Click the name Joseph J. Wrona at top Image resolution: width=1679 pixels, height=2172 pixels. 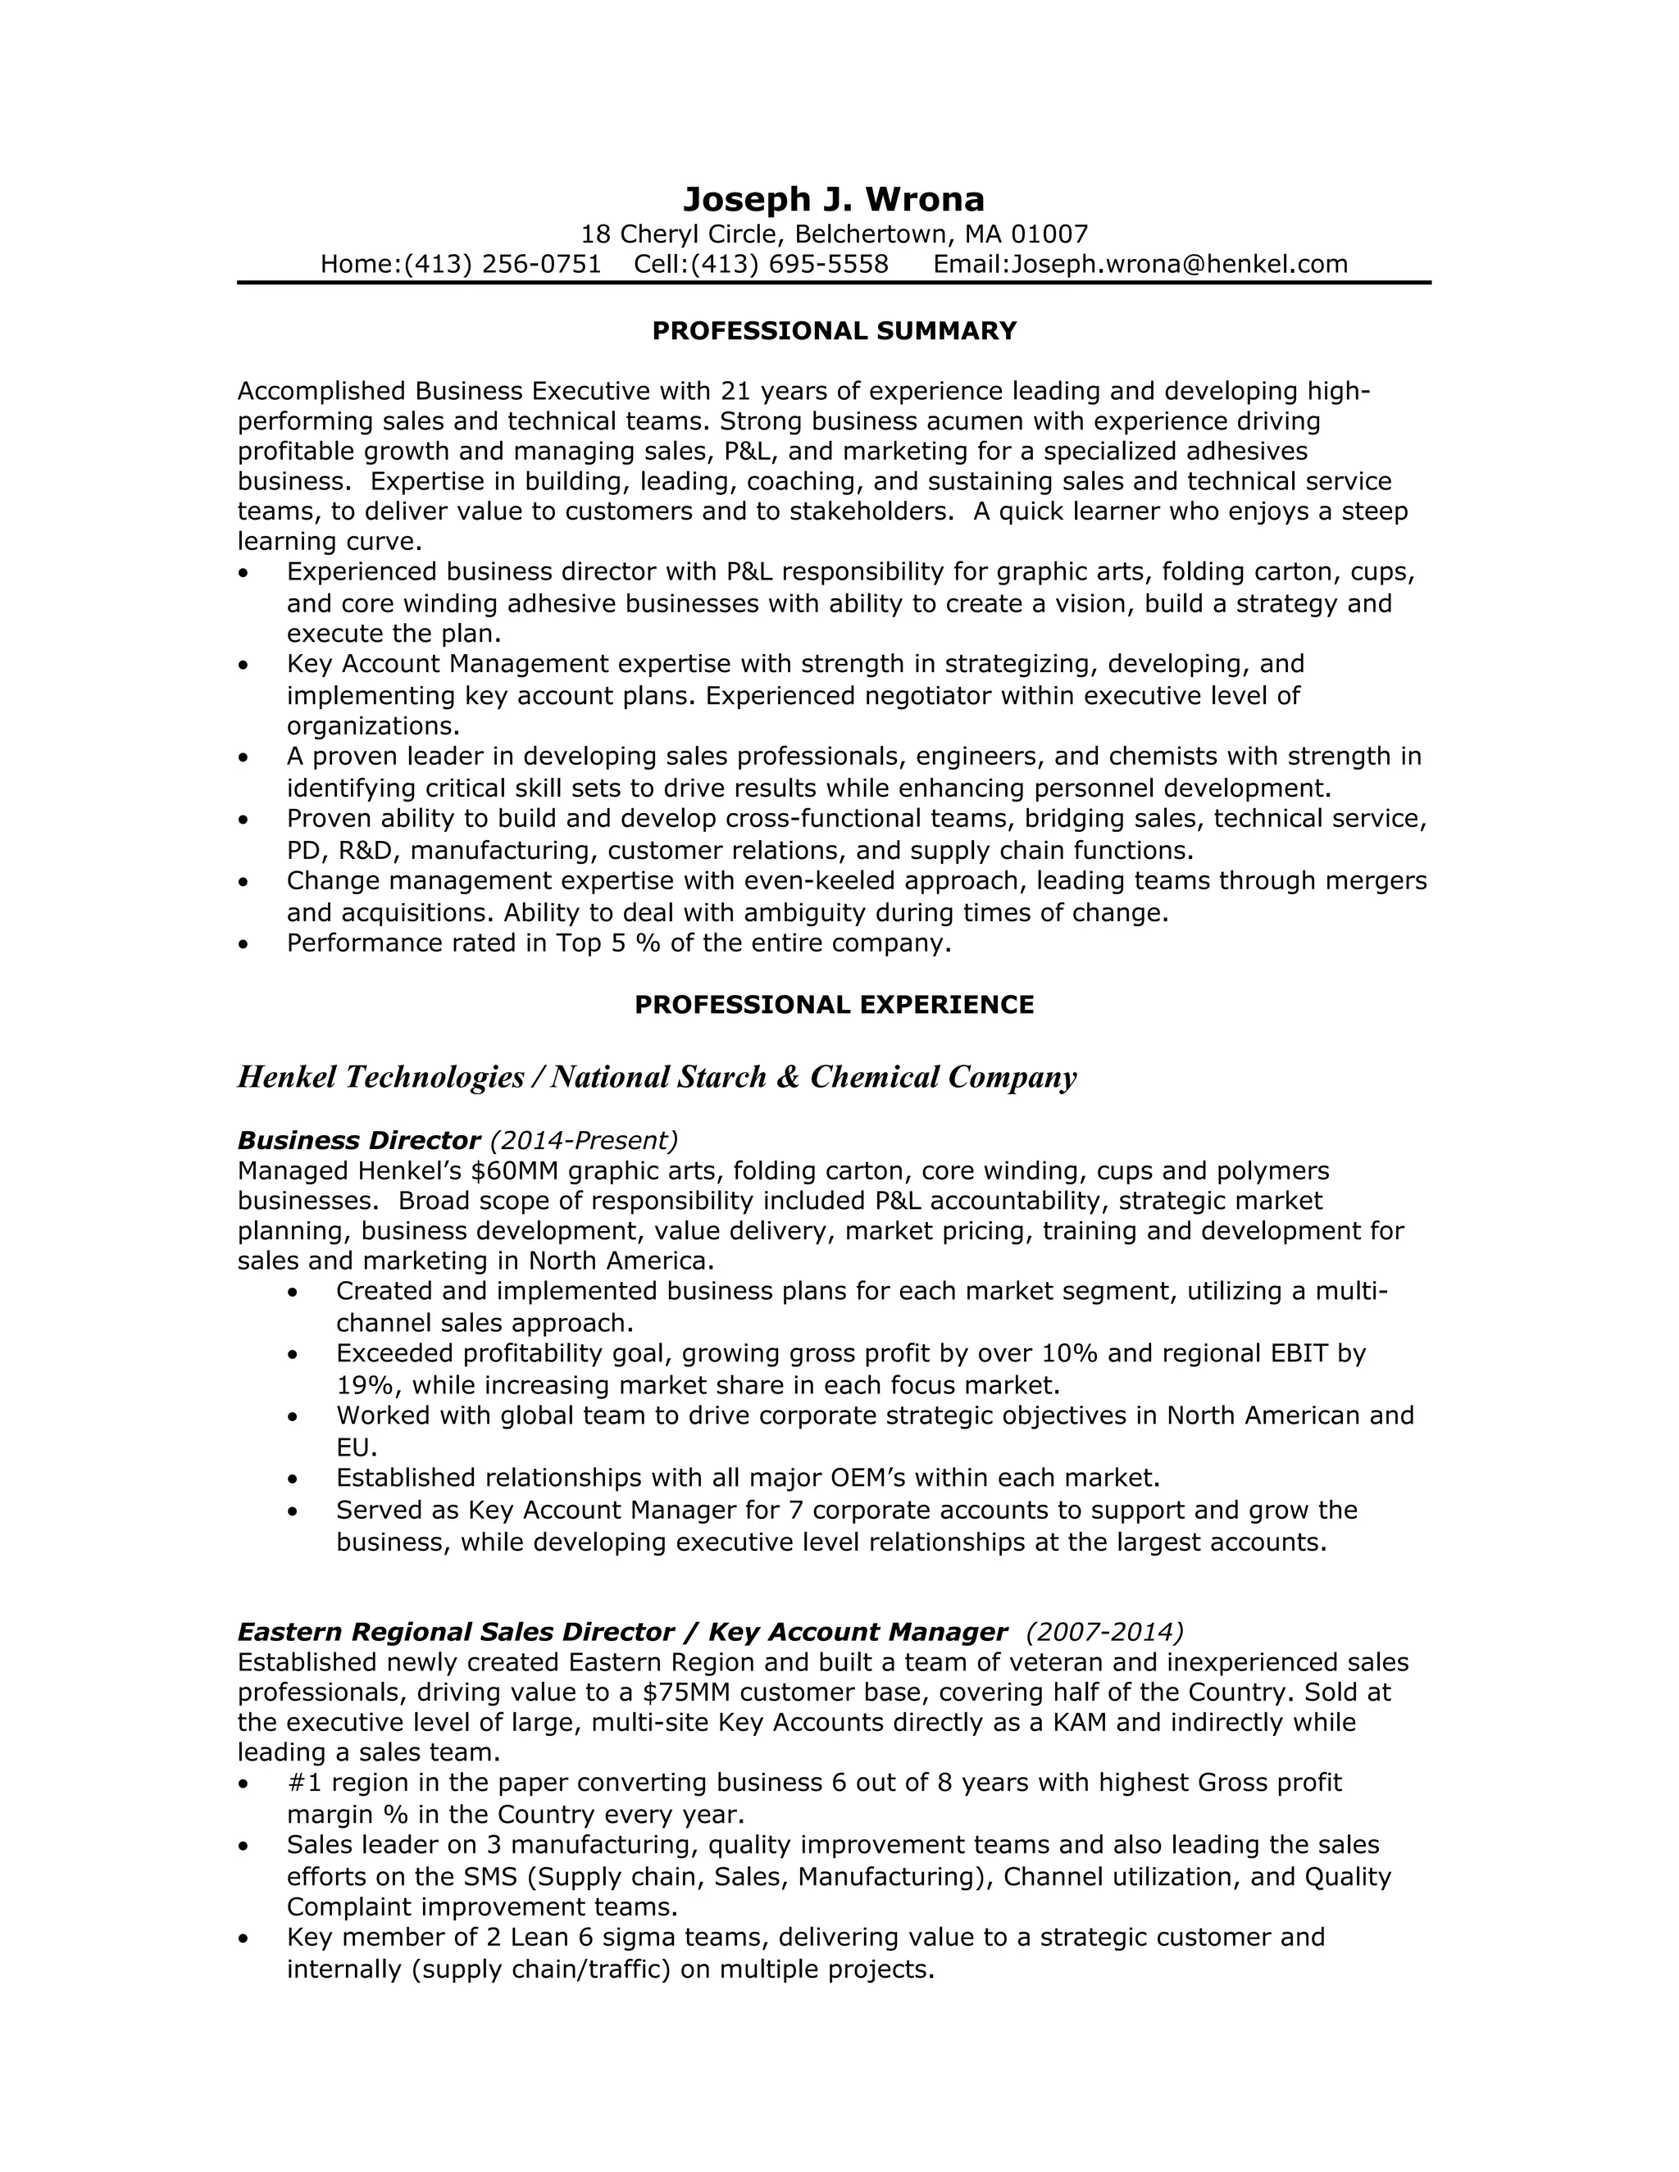834,200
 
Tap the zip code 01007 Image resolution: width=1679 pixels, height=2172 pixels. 1049,234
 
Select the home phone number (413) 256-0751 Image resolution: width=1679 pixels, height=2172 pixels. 503,265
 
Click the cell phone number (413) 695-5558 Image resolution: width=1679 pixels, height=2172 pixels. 789,265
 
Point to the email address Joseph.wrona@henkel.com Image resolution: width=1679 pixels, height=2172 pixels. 1179,265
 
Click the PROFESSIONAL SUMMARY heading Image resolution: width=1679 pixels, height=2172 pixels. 834,331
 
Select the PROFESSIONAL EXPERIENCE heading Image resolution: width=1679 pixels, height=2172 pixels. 834,1005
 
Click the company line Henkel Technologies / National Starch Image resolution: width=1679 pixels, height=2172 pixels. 657,1077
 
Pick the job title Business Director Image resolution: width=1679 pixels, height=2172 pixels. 359,1140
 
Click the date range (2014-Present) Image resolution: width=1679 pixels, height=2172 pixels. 584,1140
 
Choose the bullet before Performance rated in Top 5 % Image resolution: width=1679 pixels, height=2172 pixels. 243,943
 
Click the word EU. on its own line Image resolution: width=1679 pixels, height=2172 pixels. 356,1447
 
